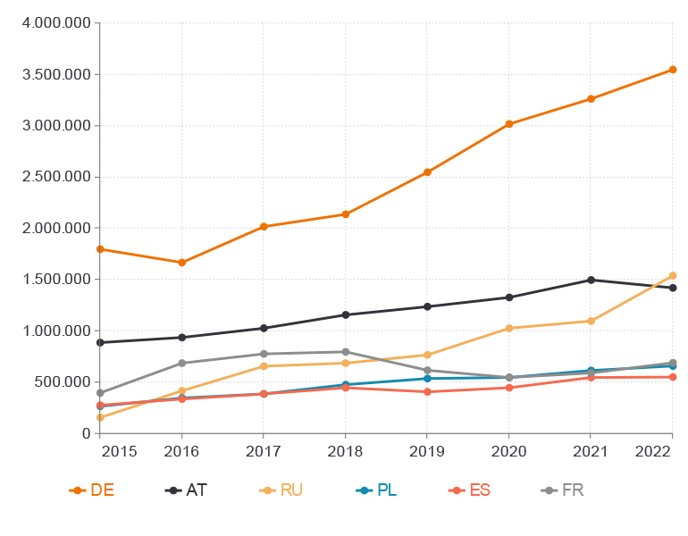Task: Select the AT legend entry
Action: click(187, 490)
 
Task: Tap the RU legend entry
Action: click(281, 490)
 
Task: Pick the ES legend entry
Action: click(470, 490)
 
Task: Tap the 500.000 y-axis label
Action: click(63, 381)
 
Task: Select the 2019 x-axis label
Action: click(427, 451)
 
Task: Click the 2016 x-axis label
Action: click(181, 451)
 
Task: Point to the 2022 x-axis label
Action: click(653, 451)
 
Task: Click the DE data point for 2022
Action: click(673, 70)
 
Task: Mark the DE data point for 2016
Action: click(182, 263)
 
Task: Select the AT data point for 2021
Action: click(591, 280)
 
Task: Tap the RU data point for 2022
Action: click(673, 276)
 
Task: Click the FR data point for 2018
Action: click(345, 352)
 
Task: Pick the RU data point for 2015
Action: click(100, 417)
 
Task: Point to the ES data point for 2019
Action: click(427, 392)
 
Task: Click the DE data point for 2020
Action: click(509, 124)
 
